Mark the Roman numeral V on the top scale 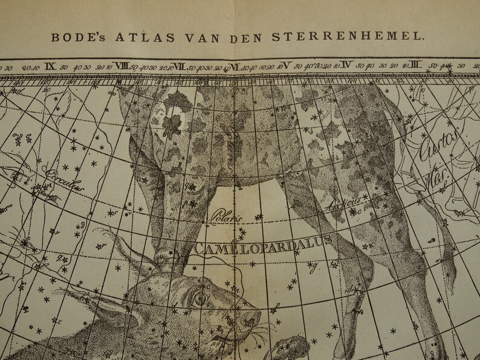click(288, 65)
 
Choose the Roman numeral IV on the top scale click(347, 65)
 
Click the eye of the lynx click(200, 298)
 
